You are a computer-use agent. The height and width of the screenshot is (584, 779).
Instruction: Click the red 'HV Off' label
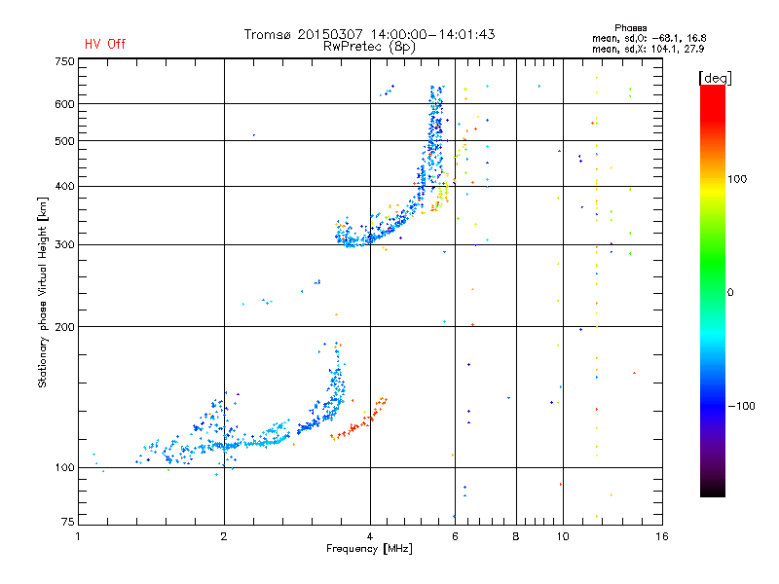[x=104, y=44]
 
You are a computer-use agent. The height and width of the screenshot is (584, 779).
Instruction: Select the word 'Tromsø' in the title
[x=270, y=34]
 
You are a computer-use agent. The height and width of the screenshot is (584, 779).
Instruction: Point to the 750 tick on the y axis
[x=64, y=61]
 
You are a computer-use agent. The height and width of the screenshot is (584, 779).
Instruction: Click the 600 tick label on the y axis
[x=64, y=104]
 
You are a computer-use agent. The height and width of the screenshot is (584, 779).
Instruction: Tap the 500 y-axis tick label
[x=64, y=141]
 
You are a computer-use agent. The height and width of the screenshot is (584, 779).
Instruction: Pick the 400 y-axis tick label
[x=64, y=186]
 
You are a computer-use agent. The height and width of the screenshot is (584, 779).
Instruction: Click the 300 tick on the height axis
[x=64, y=244]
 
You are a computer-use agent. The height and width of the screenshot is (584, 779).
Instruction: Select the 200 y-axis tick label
[x=64, y=327]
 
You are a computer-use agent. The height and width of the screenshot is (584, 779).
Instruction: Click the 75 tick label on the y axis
[x=67, y=523]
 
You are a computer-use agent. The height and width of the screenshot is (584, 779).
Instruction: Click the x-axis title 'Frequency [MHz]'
[x=370, y=550]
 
